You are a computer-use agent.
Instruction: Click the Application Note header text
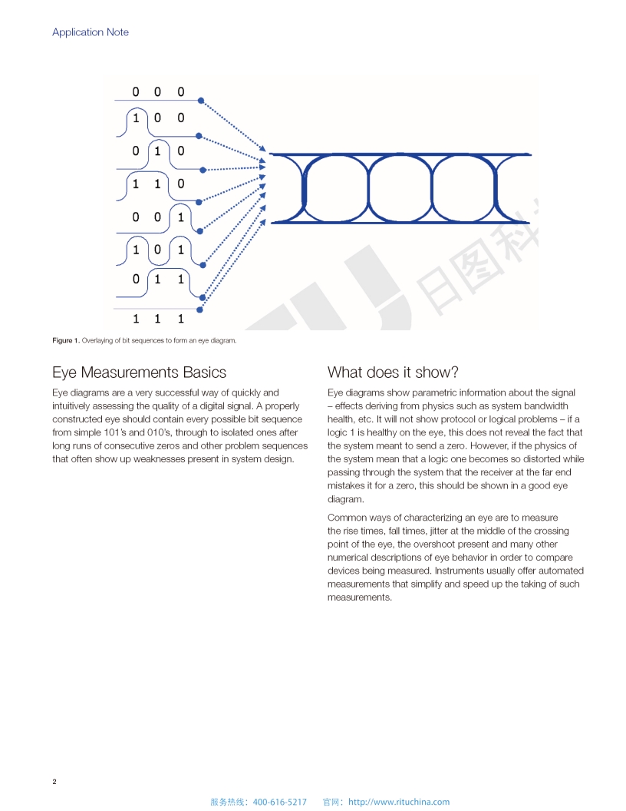[91, 32]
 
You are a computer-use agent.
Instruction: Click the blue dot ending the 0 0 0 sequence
[201, 101]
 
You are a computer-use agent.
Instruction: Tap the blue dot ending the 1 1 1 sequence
[200, 310]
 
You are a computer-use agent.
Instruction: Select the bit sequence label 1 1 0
[157, 184]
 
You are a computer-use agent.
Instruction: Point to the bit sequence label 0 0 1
[157, 217]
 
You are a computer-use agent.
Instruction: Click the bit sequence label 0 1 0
[157, 151]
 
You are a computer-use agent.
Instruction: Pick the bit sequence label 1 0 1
[157, 250]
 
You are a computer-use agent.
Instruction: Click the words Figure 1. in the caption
[65, 340]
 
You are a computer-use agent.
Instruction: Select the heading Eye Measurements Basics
[139, 372]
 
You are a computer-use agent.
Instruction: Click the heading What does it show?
[393, 372]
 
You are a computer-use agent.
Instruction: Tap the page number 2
[54, 782]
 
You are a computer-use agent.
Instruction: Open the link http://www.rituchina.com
[399, 802]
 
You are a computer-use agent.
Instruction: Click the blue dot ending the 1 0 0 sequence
[201, 136]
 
